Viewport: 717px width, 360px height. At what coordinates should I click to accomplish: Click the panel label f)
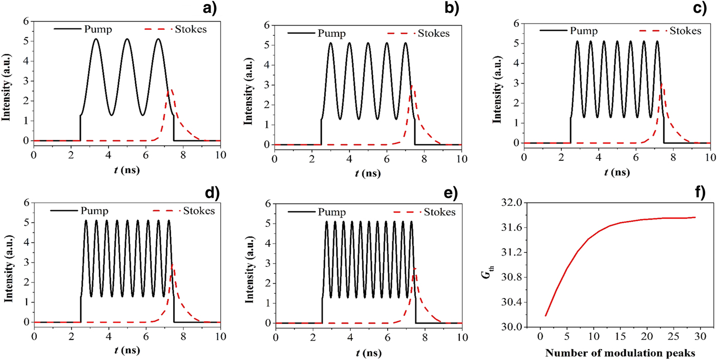700,193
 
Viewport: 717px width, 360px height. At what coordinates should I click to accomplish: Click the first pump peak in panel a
96,39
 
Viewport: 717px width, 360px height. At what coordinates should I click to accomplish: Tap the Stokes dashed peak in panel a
171,90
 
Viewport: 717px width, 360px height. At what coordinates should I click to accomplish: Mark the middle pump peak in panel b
368,43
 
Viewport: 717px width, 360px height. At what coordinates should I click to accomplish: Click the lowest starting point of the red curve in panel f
546,315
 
